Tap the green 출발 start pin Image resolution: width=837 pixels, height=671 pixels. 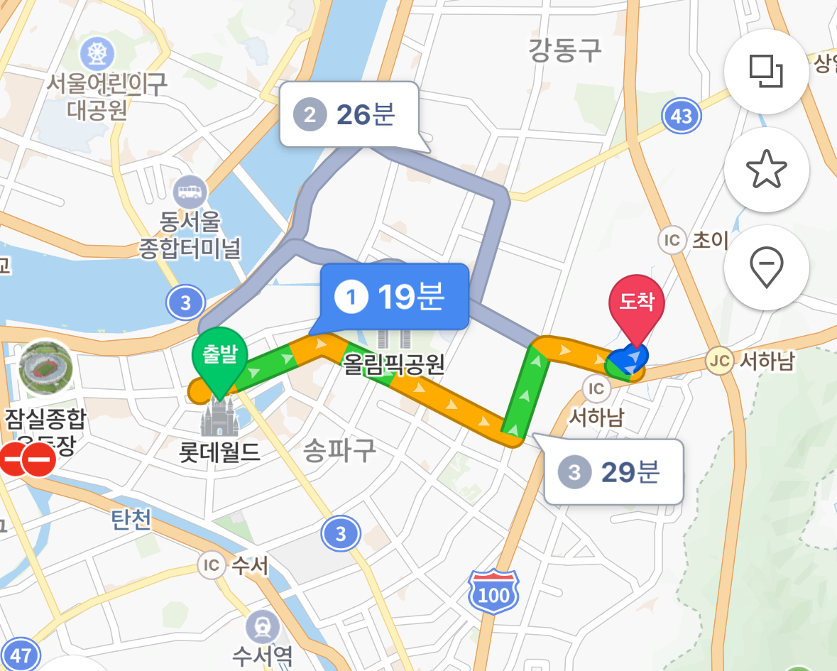[x=219, y=354]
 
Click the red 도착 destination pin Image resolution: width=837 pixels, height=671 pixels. [x=636, y=305]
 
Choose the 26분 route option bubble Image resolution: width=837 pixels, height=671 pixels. [x=349, y=114]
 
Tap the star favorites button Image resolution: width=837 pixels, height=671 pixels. [x=767, y=170]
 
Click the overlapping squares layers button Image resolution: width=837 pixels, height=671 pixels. [x=767, y=71]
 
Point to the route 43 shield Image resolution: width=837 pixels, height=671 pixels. [x=681, y=116]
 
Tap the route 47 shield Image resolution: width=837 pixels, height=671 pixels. [x=21, y=655]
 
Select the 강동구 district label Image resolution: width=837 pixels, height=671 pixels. [x=564, y=50]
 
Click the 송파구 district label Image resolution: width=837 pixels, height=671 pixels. [x=339, y=450]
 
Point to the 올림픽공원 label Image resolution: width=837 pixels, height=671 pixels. [x=393, y=364]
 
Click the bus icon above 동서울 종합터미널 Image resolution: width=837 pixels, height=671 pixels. [x=190, y=191]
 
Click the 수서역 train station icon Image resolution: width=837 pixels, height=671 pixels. [x=263, y=627]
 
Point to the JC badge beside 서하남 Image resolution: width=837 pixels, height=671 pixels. [x=719, y=361]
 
